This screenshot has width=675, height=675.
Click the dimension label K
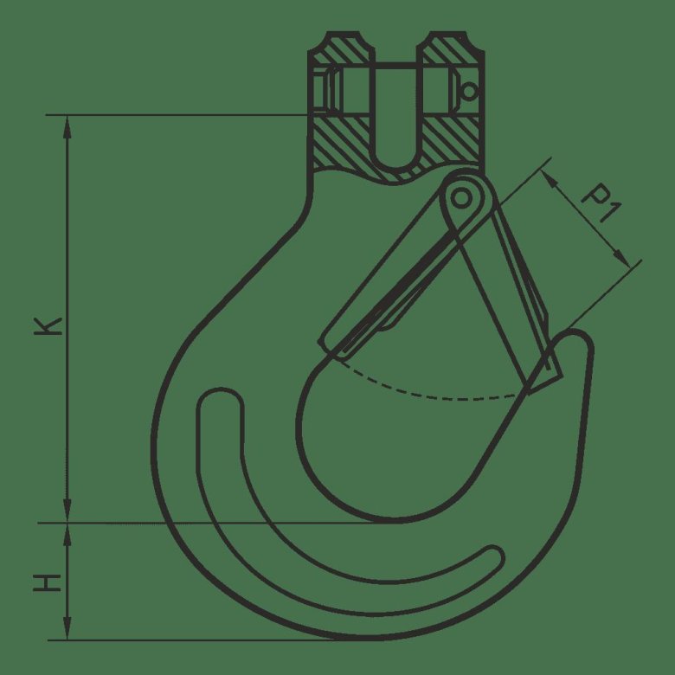[x=48, y=326]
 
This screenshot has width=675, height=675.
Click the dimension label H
[x=48, y=582]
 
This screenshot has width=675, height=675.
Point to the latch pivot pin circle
[x=461, y=198]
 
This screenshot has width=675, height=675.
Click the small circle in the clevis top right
[x=469, y=91]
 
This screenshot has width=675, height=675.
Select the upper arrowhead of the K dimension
[x=67, y=127]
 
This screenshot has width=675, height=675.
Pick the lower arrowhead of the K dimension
[x=67, y=511]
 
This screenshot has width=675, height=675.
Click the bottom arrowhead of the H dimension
[x=67, y=628]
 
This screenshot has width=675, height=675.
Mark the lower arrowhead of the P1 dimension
[x=622, y=259]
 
